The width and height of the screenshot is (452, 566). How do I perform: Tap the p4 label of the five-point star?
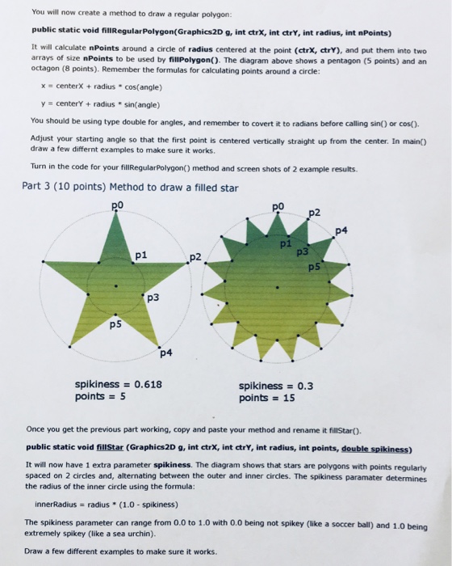[165, 352]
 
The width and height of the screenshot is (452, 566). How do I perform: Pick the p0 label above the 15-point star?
[279, 207]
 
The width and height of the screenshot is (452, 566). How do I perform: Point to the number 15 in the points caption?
[288, 398]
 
